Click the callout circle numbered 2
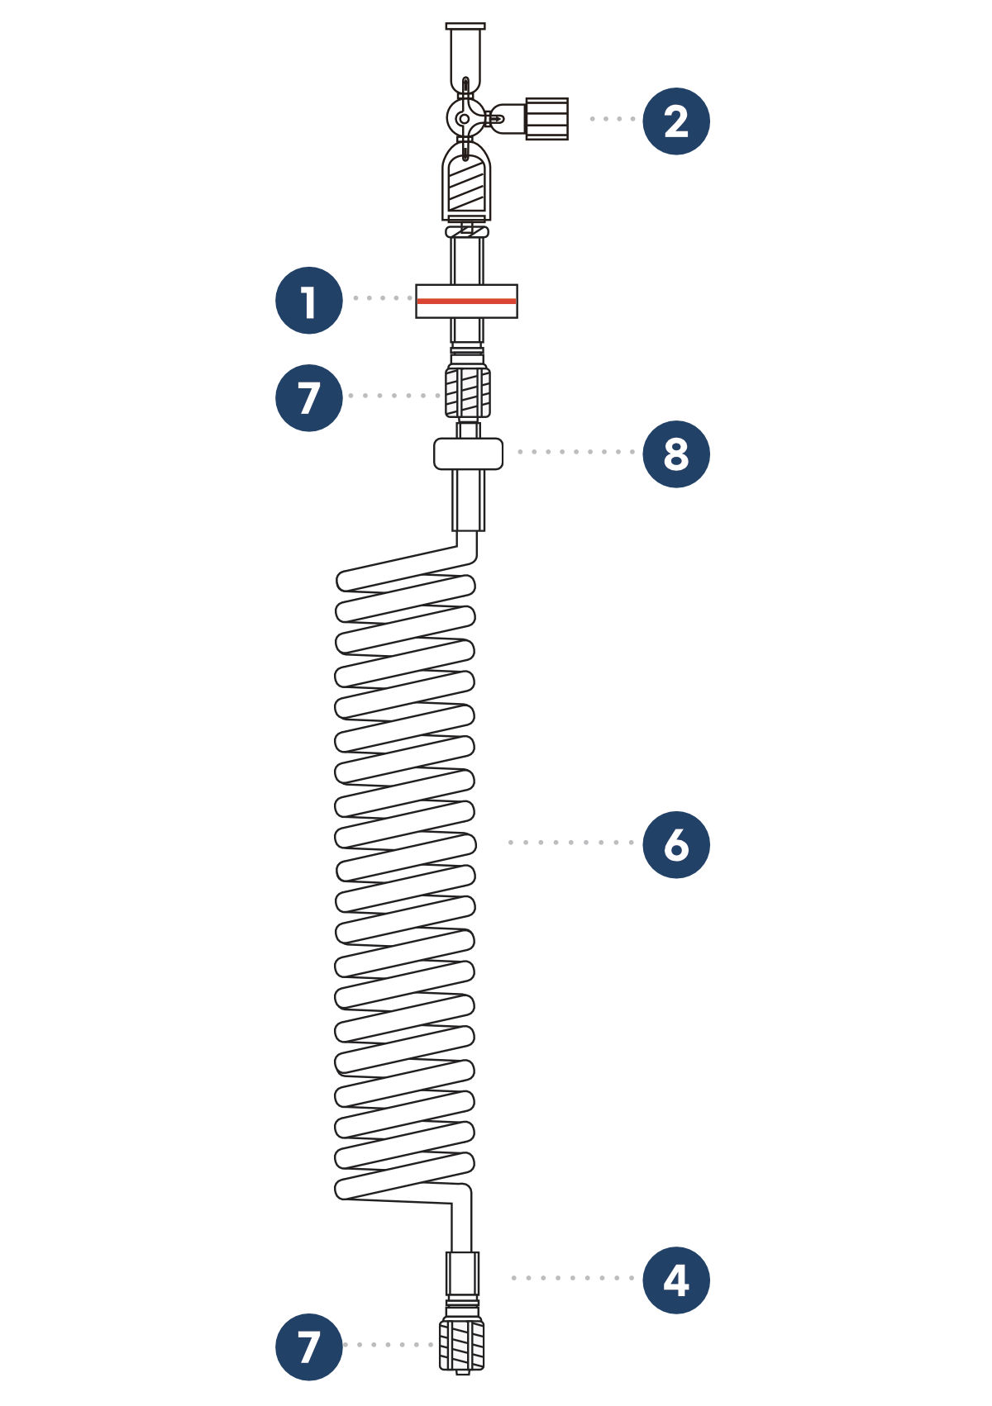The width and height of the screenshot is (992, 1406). (x=676, y=121)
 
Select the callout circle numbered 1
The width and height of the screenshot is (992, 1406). (x=308, y=300)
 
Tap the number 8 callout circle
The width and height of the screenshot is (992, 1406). (x=676, y=454)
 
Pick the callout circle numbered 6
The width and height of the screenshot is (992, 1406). (x=676, y=844)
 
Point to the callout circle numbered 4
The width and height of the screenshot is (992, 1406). (x=676, y=1280)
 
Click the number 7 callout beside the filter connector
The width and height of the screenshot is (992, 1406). (x=308, y=397)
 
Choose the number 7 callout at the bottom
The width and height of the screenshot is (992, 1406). (x=308, y=1347)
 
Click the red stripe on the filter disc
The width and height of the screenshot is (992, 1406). (x=466, y=302)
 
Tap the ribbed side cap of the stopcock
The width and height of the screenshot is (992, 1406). (x=546, y=118)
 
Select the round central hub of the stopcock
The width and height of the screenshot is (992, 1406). (x=464, y=119)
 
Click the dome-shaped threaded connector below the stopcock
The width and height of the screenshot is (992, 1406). (x=466, y=183)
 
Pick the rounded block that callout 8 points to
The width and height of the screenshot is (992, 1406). (x=468, y=454)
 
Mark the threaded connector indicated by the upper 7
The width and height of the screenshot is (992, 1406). (x=467, y=391)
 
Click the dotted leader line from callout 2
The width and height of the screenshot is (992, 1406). (x=613, y=119)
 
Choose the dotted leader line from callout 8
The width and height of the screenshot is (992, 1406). (x=576, y=452)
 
